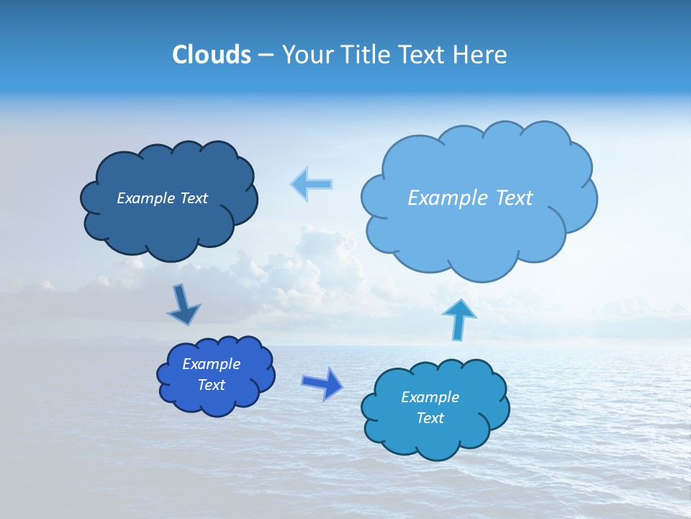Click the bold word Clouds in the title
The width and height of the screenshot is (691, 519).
pos(211,54)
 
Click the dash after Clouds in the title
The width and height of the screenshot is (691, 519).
pos(265,55)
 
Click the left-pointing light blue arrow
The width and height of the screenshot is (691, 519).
pos(312,184)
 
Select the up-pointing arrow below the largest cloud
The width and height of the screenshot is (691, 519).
pos(459,319)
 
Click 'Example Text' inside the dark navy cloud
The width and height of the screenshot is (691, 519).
pos(162,198)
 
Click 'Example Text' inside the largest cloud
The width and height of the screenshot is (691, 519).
pos(470,198)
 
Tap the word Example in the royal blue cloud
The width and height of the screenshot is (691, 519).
pos(211,364)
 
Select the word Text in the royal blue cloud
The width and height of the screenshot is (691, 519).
pos(211,385)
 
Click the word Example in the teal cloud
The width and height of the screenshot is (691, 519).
pos(430,397)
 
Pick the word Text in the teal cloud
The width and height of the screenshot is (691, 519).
pos(430,418)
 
